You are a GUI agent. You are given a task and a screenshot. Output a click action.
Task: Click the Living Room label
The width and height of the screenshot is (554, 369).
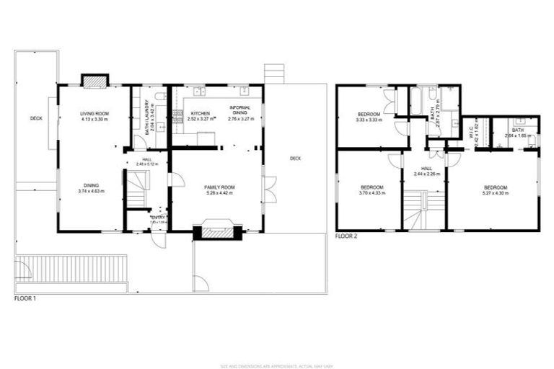94,114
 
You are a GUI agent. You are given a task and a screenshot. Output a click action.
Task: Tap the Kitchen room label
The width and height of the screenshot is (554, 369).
200,114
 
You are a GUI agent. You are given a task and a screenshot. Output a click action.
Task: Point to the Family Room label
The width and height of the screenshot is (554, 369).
219,187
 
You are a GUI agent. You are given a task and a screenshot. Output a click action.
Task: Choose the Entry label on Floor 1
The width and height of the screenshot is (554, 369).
158,217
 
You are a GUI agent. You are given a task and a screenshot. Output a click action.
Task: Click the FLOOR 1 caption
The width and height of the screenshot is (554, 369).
25,298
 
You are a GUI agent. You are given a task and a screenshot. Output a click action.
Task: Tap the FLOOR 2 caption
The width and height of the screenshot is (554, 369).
346,236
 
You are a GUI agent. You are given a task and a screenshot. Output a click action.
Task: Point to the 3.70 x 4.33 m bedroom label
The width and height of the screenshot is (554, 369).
371,187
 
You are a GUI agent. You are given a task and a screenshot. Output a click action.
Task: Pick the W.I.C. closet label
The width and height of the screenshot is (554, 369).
470,131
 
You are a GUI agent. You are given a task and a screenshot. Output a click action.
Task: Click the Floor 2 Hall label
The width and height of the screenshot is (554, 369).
426,168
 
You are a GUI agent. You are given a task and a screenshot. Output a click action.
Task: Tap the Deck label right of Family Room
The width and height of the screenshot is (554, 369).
295,159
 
